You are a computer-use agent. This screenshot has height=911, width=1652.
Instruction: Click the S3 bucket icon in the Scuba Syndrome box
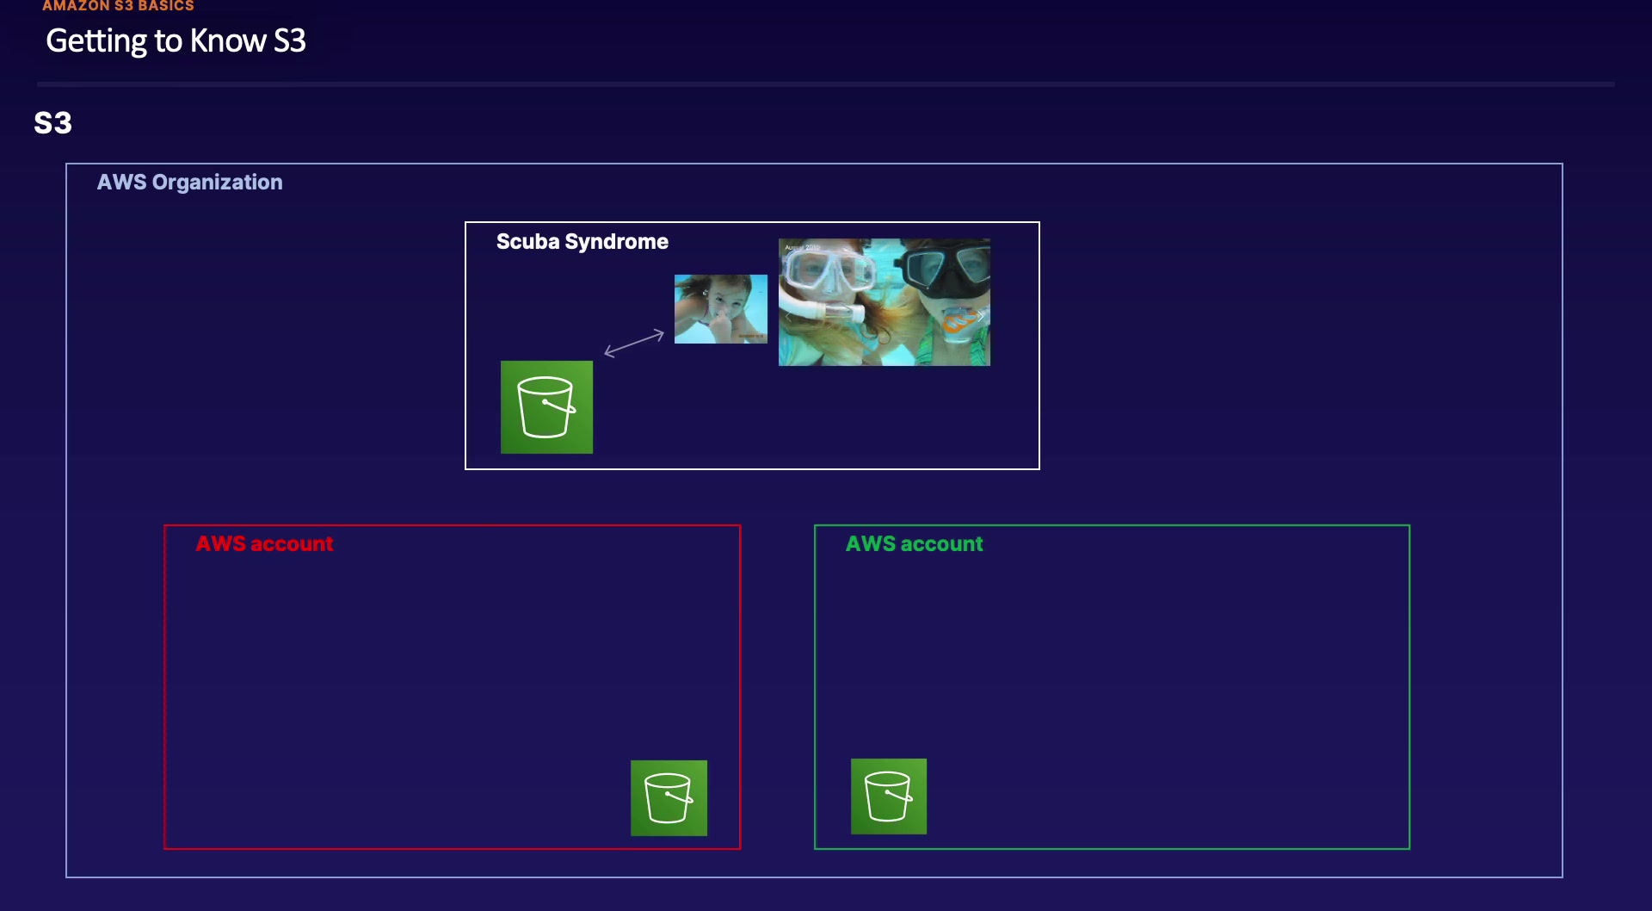point(546,406)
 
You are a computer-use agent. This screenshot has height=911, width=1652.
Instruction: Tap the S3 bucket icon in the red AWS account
point(669,797)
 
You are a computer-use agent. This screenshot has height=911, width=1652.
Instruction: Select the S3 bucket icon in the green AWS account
point(888,796)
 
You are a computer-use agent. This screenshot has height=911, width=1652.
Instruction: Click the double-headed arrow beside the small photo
point(634,343)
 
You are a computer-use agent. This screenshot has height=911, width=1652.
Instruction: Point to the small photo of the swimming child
point(720,309)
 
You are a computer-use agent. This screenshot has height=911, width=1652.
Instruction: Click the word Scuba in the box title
point(527,242)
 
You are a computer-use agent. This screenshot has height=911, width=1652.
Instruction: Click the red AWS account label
point(264,544)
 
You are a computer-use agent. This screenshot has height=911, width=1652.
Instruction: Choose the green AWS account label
point(914,544)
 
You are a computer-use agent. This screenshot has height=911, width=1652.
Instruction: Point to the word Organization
point(217,183)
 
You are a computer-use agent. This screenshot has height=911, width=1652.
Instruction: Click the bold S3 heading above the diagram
point(52,123)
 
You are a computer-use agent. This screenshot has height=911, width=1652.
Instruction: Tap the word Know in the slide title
point(227,41)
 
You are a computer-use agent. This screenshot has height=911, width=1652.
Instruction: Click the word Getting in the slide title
point(96,41)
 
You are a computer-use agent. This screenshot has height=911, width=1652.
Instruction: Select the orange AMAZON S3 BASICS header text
point(118,6)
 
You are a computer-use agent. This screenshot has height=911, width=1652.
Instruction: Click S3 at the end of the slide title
point(289,41)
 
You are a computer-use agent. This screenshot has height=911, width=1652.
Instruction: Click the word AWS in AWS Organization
point(121,183)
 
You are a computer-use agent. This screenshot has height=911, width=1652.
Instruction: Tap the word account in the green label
point(941,544)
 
